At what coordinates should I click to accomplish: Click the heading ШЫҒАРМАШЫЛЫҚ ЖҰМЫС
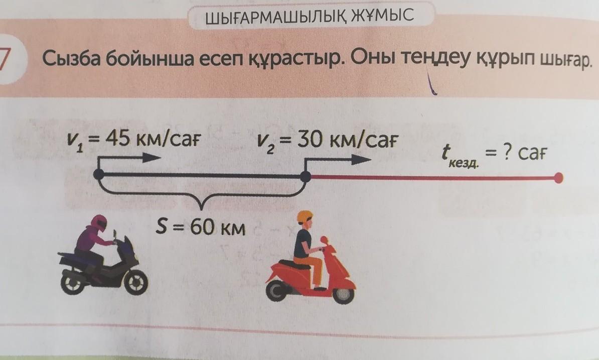point(310,17)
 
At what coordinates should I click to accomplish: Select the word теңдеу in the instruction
point(441,61)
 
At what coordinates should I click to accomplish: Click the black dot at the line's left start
point(99,174)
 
